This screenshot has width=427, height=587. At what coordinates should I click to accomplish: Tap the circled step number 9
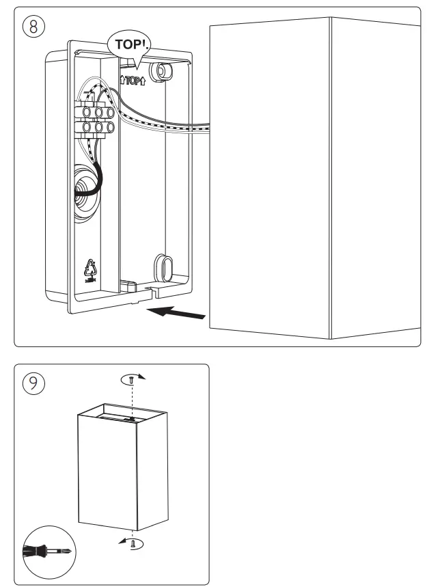[x=33, y=383]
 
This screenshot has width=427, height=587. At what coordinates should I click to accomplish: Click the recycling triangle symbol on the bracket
[x=91, y=267]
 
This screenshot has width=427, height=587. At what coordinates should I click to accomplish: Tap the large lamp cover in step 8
[x=314, y=178]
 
